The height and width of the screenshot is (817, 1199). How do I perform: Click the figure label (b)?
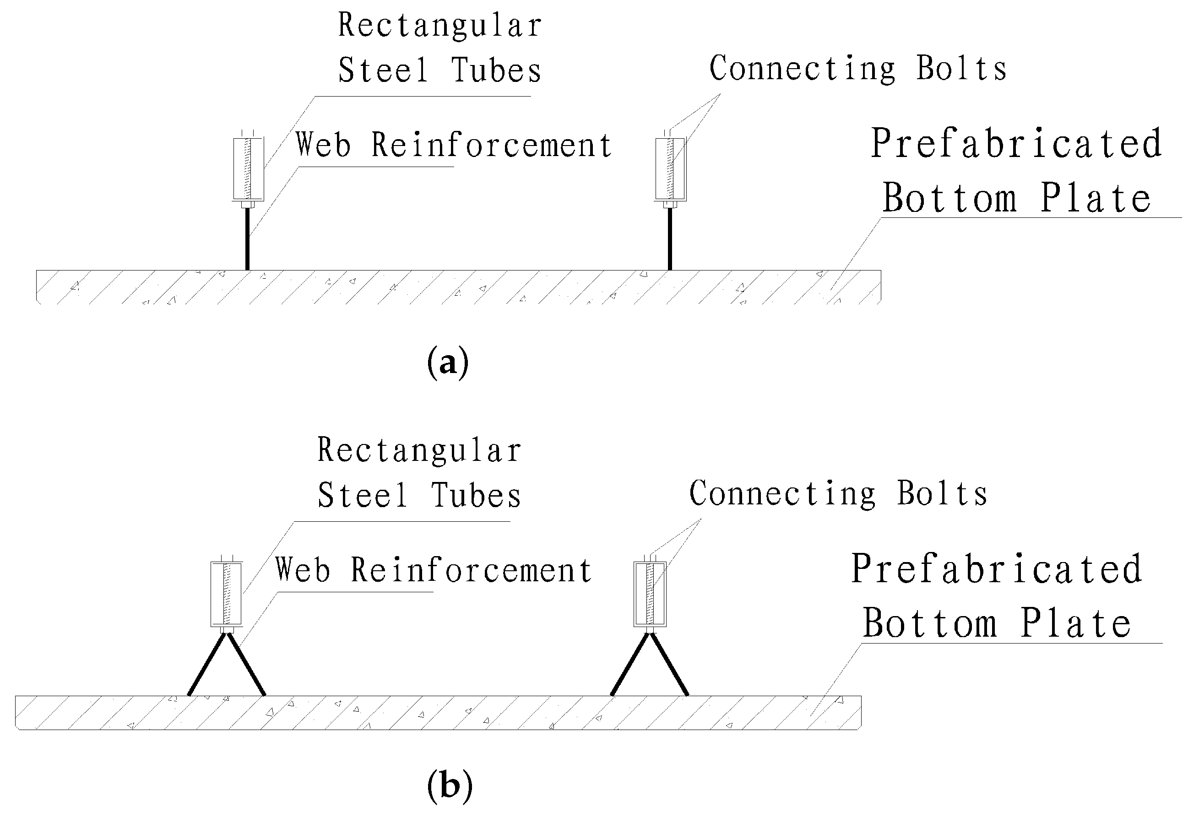[x=450, y=787]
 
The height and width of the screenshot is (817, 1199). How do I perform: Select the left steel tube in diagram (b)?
[x=226, y=594]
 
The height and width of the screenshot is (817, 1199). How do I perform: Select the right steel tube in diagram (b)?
[x=650, y=594]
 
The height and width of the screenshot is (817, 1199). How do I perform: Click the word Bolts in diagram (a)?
[x=960, y=69]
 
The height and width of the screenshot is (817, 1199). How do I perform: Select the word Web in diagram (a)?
[x=323, y=145]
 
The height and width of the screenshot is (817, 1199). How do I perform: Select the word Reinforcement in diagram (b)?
[x=471, y=570]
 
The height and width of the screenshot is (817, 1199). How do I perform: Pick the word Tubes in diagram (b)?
[x=476, y=496]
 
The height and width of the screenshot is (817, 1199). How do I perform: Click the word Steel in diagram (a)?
[x=383, y=70]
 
